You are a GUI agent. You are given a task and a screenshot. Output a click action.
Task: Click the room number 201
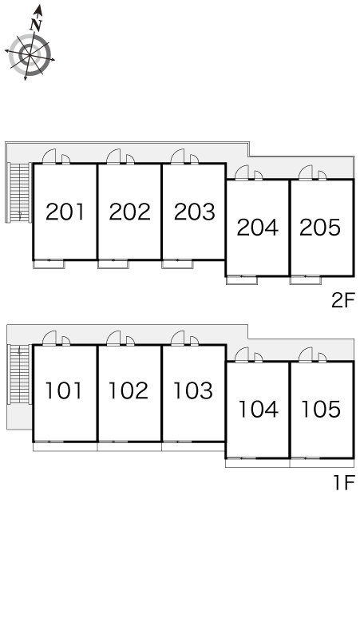click(x=65, y=212)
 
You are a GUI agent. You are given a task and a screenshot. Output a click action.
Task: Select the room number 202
click(x=129, y=212)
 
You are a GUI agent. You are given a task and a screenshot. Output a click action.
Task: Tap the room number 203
click(x=194, y=212)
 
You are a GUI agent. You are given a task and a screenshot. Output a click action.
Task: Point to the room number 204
click(x=257, y=228)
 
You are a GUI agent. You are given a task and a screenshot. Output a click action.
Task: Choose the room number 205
click(x=320, y=228)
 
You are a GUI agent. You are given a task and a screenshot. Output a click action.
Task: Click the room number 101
click(x=64, y=390)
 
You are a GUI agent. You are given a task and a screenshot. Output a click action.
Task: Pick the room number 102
click(x=129, y=390)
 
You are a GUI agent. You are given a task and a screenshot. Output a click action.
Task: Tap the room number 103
click(x=193, y=390)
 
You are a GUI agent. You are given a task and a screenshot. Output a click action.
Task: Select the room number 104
click(x=259, y=409)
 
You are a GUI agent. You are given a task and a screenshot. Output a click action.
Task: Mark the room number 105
click(x=321, y=409)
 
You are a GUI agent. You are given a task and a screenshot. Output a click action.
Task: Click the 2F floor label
click(x=343, y=301)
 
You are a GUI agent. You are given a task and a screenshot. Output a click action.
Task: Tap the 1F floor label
click(x=344, y=482)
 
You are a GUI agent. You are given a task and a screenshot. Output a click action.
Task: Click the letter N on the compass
click(x=36, y=25)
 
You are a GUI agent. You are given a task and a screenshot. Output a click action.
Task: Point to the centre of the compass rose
click(x=29, y=55)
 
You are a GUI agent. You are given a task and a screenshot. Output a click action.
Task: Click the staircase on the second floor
click(x=20, y=192)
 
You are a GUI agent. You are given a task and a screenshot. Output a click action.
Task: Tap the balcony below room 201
click(x=49, y=264)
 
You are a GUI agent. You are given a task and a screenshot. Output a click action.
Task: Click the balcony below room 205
click(x=306, y=280)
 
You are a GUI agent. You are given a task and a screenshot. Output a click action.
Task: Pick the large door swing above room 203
click(x=178, y=156)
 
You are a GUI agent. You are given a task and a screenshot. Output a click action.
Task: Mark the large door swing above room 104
click(x=242, y=355)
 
